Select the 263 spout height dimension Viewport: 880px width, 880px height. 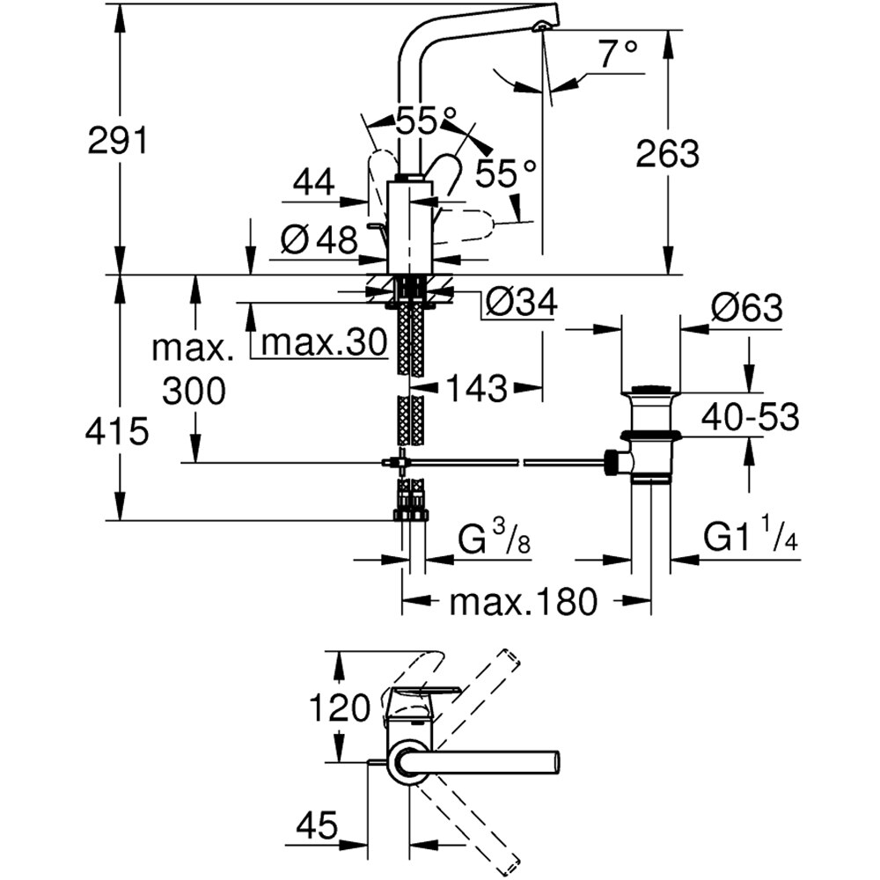(x=667, y=153)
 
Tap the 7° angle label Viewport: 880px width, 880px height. (x=619, y=55)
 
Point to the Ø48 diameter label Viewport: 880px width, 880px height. (x=319, y=238)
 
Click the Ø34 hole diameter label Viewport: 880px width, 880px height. (x=521, y=304)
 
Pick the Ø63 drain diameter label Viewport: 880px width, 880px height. (x=746, y=308)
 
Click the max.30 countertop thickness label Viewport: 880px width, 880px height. (x=325, y=343)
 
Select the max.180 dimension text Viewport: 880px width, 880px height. (x=523, y=602)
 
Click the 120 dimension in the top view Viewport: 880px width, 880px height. (x=339, y=708)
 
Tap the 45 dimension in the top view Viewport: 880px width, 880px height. (x=316, y=825)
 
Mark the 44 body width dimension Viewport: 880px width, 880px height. (x=313, y=182)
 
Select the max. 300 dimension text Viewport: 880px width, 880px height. (x=194, y=370)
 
